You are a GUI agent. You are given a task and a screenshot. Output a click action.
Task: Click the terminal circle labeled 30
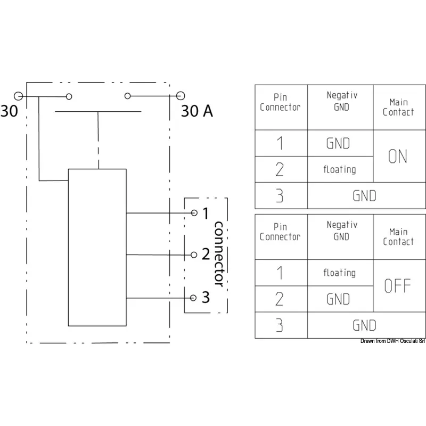[x=19, y=96]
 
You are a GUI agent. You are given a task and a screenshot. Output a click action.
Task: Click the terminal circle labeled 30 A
[x=181, y=96]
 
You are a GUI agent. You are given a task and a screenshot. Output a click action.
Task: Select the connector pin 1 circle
[x=194, y=213]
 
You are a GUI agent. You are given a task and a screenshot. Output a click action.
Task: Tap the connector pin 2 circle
[x=194, y=255]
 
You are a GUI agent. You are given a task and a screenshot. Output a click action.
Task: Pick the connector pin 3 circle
[x=194, y=297]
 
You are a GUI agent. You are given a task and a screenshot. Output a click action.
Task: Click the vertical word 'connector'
[x=219, y=255]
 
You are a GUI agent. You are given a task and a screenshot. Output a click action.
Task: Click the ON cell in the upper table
[x=398, y=157]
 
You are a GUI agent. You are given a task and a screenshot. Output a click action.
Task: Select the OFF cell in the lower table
[x=398, y=286]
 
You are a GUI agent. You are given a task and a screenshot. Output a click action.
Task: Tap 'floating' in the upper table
[x=339, y=169]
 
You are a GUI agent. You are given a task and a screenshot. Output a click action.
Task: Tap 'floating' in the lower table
[x=339, y=273]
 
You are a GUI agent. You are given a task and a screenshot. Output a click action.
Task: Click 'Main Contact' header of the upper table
[x=398, y=107]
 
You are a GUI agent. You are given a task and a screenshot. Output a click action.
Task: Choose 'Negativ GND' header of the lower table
[x=341, y=231]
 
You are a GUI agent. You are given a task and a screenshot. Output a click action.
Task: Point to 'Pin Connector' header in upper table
[x=280, y=102]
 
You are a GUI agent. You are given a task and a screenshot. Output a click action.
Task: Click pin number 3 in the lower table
[x=280, y=325]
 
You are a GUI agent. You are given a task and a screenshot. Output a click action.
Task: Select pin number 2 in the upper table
[x=280, y=169]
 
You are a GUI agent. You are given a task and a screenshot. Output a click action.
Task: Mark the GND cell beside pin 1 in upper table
[x=338, y=143]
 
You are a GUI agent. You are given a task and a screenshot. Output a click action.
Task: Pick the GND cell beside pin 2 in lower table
[x=338, y=299]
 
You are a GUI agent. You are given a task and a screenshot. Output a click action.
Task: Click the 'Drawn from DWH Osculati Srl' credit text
[x=392, y=341]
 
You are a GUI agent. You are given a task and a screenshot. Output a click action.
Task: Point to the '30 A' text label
[x=197, y=111]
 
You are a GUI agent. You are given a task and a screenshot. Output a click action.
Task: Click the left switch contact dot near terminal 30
[x=69, y=96]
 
